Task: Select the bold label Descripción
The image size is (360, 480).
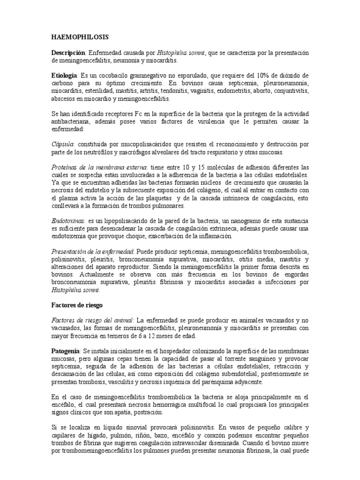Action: pyautogui.click(x=68, y=53)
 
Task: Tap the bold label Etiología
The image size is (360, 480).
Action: pyautogui.click(x=65, y=75)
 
